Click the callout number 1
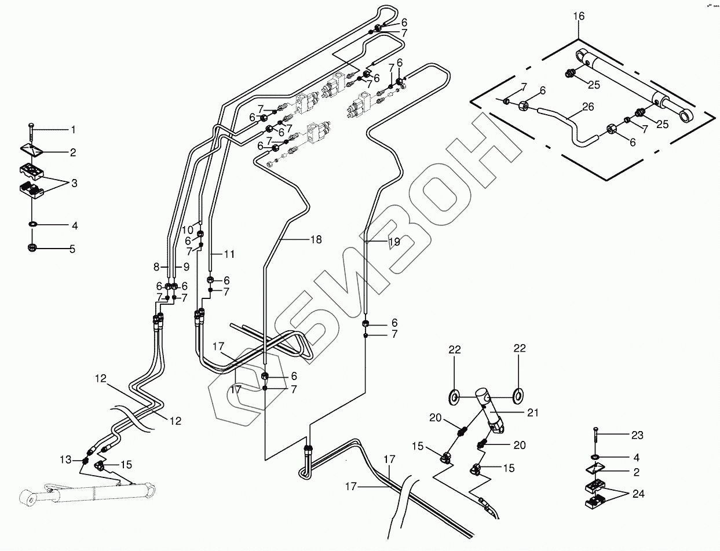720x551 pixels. coord(72,129)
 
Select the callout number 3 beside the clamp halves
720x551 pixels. coord(74,183)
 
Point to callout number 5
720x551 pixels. coord(72,250)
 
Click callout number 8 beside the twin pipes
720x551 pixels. coord(156,267)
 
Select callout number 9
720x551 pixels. coord(187,267)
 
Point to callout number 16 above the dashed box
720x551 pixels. coord(579,16)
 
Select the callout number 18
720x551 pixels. coord(316,239)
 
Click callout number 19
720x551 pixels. coord(393,243)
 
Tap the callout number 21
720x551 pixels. coord(533,413)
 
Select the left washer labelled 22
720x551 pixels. coord(454,397)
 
